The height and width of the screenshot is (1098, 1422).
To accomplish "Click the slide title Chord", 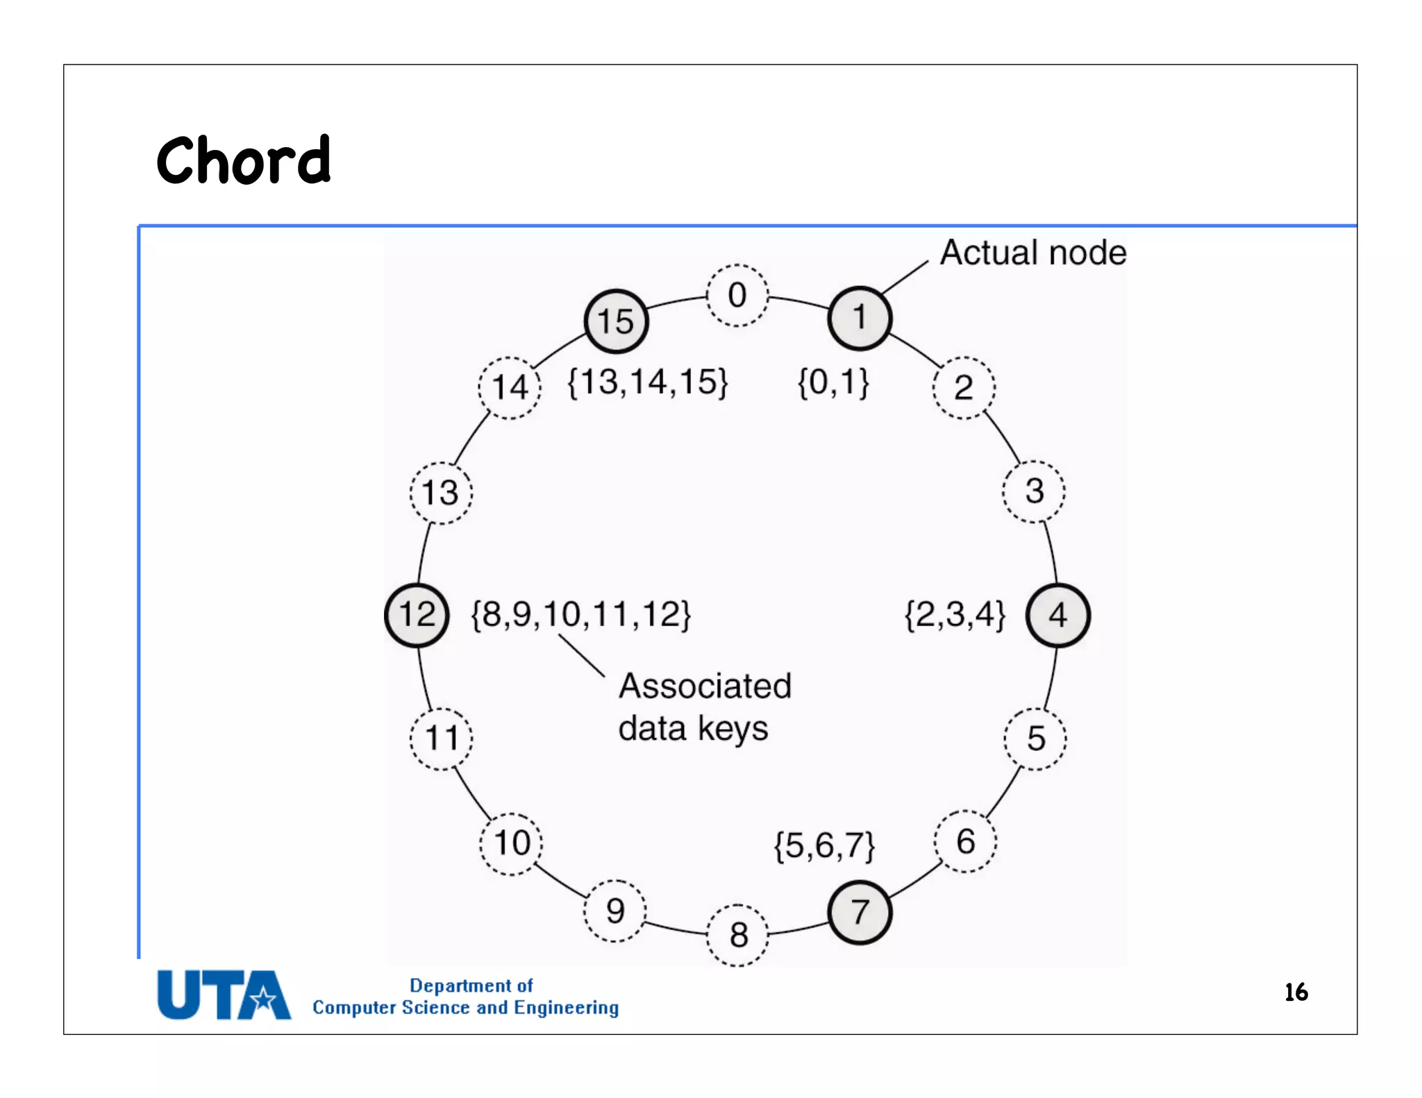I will click(x=243, y=160).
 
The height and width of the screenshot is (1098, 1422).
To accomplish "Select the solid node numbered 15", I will click(x=616, y=321).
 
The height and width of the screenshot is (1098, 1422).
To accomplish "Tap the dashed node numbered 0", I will click(x=737, y=295).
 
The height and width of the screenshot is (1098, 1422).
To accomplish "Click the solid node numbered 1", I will click(x=860, y=318).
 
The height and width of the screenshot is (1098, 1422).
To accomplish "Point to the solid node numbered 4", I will click(x=1058, y=615).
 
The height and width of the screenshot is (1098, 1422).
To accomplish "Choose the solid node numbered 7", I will click(x=860, y=912).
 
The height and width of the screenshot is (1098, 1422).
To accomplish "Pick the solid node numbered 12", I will click(x=417, y=615).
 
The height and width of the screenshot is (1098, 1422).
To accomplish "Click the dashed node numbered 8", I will click(x=738, y=935).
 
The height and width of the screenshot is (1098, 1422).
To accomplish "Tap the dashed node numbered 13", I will click(x=441, y=493).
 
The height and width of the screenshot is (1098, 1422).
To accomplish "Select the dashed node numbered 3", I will click(x=1034, y=491).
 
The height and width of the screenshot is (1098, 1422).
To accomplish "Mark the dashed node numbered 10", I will click(x=511, y=843).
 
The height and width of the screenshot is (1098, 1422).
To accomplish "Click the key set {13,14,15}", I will click(x=647, y=382).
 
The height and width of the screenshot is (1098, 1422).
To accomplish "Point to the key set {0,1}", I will click(x=833, y=382).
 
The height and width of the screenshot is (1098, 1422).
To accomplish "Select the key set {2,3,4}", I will click(x=955, y=615).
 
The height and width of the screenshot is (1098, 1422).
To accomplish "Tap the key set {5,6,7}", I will click(x=824, y=846).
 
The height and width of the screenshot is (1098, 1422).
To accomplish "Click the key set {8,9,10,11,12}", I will click(x=580, y=615).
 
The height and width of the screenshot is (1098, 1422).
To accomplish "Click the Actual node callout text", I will click(x=1033, y=253).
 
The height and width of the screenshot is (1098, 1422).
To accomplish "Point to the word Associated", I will click(x=705, y=686).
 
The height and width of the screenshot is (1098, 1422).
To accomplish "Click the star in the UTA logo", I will click(x=263, y=1000).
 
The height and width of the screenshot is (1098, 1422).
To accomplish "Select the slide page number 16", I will click(x=1296, y=993).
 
